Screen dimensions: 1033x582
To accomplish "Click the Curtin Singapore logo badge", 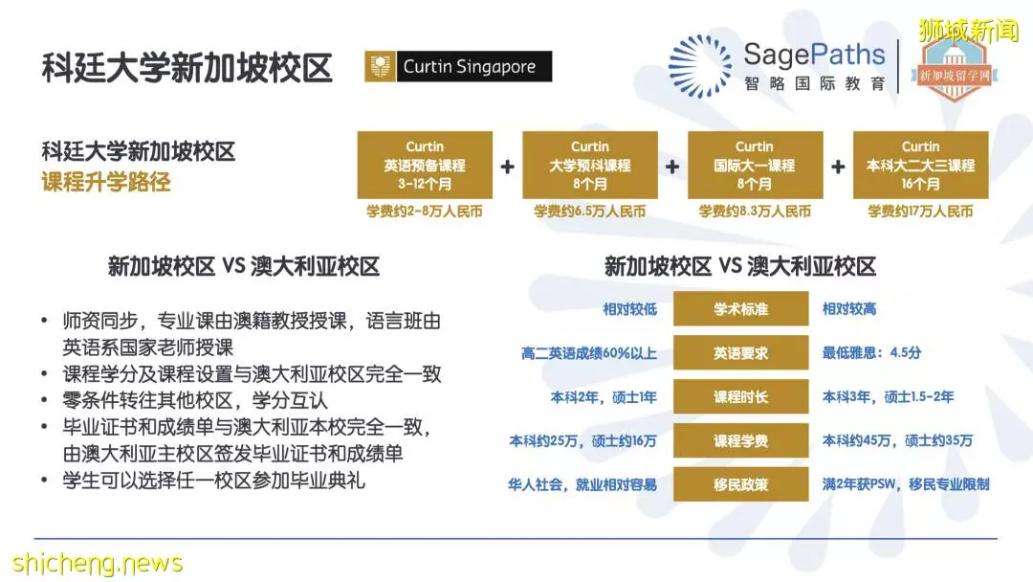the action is coord(458,67).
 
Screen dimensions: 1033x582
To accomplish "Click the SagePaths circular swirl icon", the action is coord(699,66).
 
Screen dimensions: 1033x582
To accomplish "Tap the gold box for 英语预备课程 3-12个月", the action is coord(425,165).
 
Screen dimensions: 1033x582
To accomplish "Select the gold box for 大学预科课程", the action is coord(590,165).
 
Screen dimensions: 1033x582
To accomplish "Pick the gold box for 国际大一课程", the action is coord(755,165).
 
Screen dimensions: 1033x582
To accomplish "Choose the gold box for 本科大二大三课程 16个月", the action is coord(920,165).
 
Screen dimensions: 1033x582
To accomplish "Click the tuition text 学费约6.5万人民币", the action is coord(589,212).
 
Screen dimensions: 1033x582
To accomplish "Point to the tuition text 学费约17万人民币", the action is coord(920,212).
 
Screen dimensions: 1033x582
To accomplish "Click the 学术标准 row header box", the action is coord(740,308).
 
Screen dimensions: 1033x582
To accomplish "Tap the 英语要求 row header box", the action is coord(740,352).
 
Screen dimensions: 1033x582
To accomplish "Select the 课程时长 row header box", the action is coord(740,397).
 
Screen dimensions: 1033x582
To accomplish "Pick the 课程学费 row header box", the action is coord(740,441).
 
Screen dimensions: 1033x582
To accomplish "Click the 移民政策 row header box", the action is coord(740,484).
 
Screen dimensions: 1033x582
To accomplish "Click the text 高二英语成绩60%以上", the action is coord(589,353).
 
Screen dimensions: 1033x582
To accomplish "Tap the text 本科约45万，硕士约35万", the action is coord(897,440).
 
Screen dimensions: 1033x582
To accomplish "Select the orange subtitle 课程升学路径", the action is coord(106,181).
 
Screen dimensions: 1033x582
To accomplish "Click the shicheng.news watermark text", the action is coord(98,564).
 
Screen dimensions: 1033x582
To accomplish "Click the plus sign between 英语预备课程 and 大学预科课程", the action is coord(507,167).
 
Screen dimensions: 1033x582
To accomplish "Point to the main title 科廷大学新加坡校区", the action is coord(187,68).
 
